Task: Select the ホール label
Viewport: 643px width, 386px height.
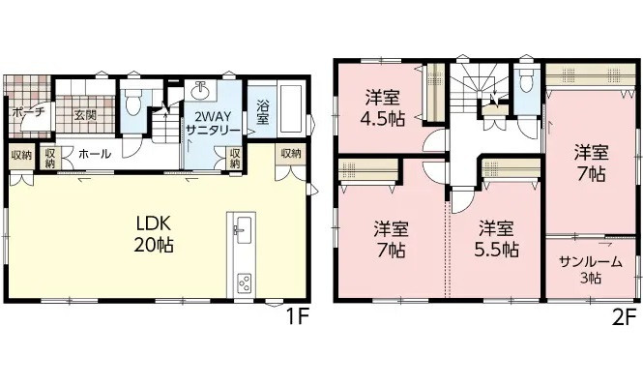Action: coord(94,154)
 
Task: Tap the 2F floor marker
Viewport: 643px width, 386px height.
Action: coord(627,316)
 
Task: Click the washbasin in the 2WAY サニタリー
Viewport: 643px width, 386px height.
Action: coord(202,93)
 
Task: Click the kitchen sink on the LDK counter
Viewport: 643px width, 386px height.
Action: coord(242,229)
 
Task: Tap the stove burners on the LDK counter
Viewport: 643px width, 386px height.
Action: coord(242,282)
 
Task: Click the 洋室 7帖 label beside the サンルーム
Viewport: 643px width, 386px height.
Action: coord(590,163)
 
